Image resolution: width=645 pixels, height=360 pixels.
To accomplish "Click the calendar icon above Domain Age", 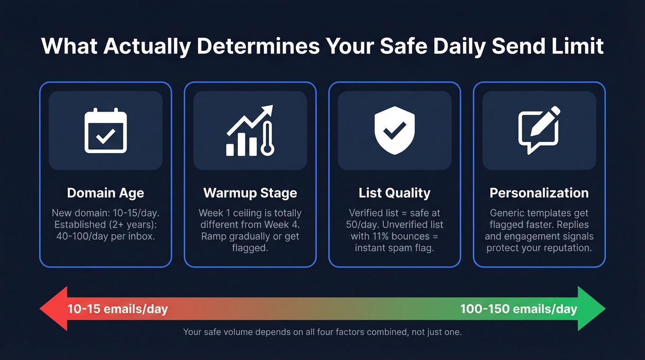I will click(x=106, y=130).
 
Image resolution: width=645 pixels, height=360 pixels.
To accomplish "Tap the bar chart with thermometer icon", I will click(x=250, y=130).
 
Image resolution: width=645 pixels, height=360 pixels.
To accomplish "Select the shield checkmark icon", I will click(x=395, y=130).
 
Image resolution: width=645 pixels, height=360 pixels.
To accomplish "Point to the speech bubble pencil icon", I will click(x=539, y=130).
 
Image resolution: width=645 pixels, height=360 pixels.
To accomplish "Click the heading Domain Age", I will click(x=106, y=193).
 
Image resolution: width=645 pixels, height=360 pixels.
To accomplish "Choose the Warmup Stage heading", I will click(x=250, y=193).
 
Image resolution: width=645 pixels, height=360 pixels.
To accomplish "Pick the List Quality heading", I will click(x=395, y=193).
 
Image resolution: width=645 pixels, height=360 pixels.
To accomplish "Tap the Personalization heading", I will click(x=539, y=193).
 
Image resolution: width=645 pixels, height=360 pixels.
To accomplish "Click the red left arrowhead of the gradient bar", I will click(x=53, y=308).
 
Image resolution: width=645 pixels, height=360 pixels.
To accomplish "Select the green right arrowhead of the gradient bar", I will click(x=592, y=308).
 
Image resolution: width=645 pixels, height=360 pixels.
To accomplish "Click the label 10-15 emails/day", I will click(x=117, y=309).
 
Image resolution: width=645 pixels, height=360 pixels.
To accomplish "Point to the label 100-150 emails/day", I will click(x=519, y=309).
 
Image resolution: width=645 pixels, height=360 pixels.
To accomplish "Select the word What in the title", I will click(x=70, y=46).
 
